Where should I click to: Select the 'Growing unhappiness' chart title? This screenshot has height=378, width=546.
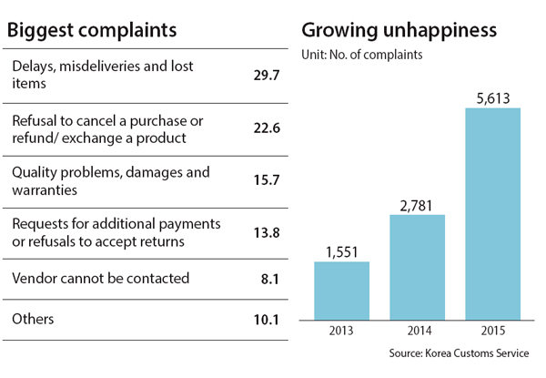click(x=399, y=30)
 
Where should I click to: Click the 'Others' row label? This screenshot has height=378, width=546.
click(x=34, y=320)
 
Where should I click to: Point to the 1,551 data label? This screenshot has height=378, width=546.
click(x=341, y=250)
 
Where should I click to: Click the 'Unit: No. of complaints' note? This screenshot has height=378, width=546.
click(x=361, y=56)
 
